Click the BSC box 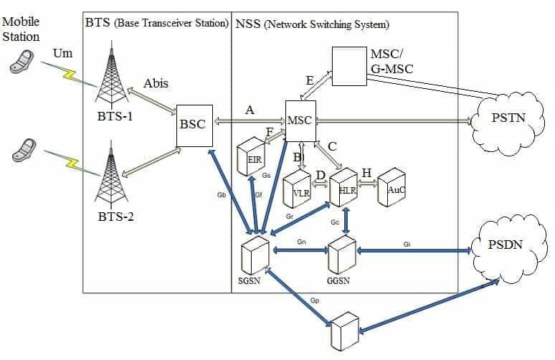pos(191,124)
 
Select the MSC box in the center pos(300,118)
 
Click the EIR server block pos(252,158)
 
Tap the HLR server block pos(343,186)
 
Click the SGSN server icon pos(255,254)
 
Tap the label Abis pos(156,83)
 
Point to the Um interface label pos(63,54)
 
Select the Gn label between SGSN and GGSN pos(301,242)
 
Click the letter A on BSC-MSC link pos(249,110)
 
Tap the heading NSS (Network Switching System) pos(312,24)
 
